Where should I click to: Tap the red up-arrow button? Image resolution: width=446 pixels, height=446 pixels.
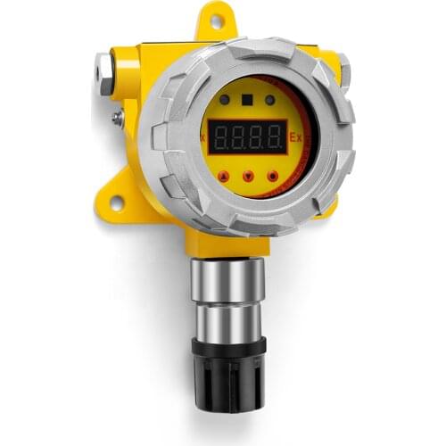[x=221, y=176]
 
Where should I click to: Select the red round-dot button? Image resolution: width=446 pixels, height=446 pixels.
[x=272, y=177]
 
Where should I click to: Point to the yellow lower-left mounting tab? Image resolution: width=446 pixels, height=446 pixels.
[x=117, y=198]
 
